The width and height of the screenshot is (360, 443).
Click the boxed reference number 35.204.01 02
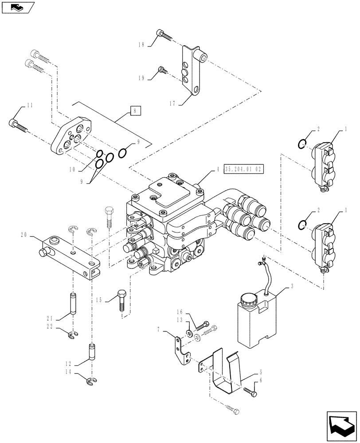pyautogui.click(x=244, y=169)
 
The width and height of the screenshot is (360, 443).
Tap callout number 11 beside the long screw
pyautogui.click(x=30, y=105)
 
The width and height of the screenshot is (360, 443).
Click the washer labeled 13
pyautogui.click(x=190, y=333)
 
